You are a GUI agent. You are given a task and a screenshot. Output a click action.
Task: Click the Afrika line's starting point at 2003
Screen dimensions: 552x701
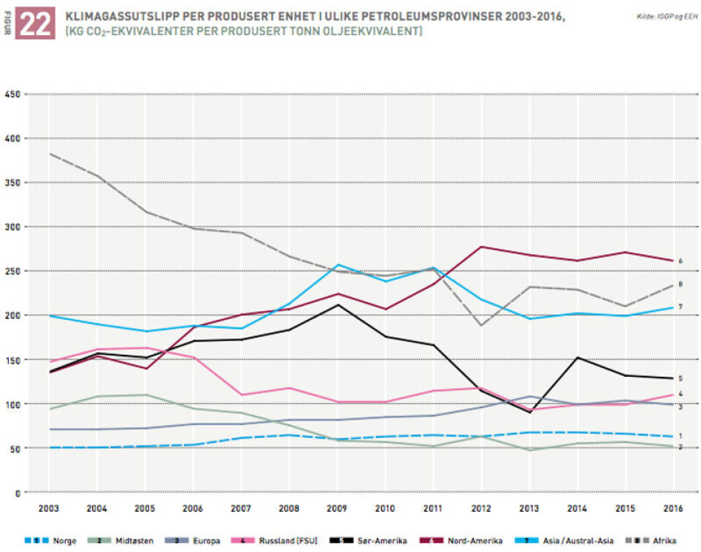48,154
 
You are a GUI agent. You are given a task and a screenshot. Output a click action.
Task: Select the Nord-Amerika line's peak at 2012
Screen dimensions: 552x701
480,247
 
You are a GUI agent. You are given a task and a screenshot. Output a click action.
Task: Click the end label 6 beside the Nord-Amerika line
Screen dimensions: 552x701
681,261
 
